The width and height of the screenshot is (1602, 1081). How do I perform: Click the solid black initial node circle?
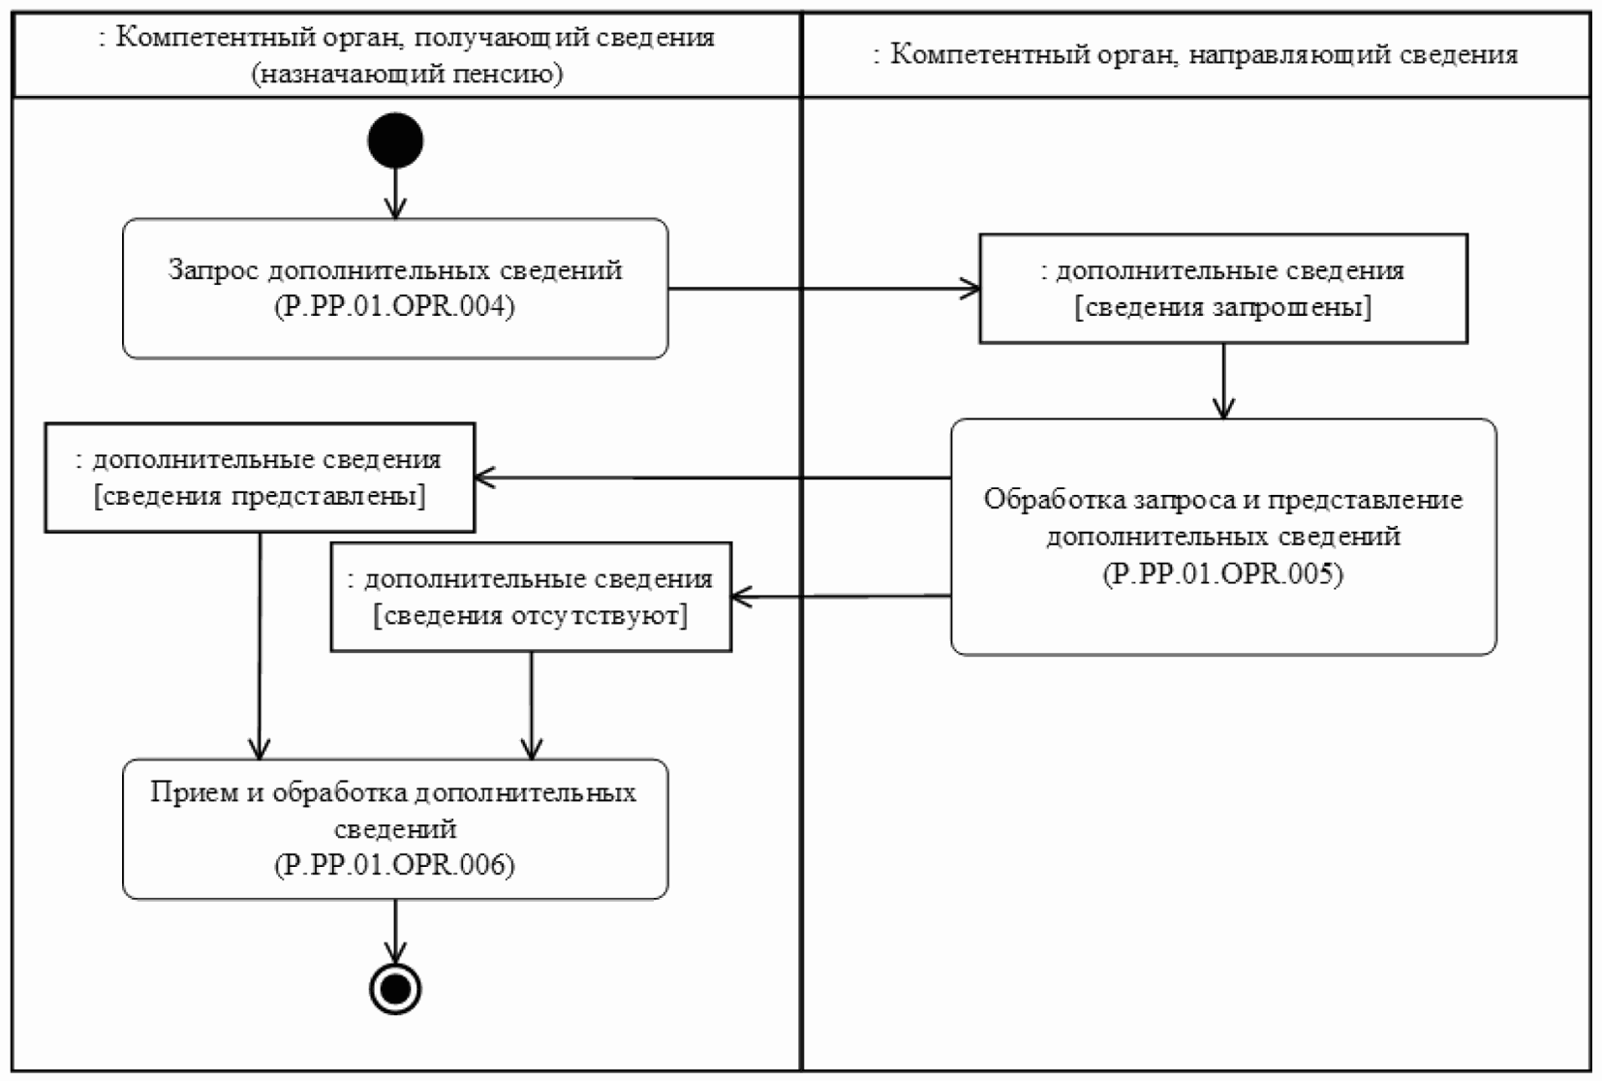(x=395, y=140)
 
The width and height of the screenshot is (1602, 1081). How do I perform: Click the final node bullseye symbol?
(x=395, y=988)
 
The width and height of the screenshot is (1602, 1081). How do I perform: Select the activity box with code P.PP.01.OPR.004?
(x=395, y=289)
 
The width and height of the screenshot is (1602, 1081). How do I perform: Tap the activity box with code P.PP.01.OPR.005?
(x=1223, y=537)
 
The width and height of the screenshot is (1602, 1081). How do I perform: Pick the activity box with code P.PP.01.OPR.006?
(x=395, y=829)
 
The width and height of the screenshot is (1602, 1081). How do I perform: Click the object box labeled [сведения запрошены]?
(x=1223, y=289)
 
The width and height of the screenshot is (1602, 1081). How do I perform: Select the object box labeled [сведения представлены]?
(x=260, y=478)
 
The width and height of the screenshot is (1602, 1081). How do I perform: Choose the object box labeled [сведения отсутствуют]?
(x=531, y=597)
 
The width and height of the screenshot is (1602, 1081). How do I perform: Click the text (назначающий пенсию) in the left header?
(x=408, y=74)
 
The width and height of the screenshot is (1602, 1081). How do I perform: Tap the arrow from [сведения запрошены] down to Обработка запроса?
(x=1223, y=381)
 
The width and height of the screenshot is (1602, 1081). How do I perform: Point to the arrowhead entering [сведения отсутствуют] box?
(x=741, y=597)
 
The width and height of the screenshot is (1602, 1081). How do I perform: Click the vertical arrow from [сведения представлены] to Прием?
(x=260, y=644)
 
